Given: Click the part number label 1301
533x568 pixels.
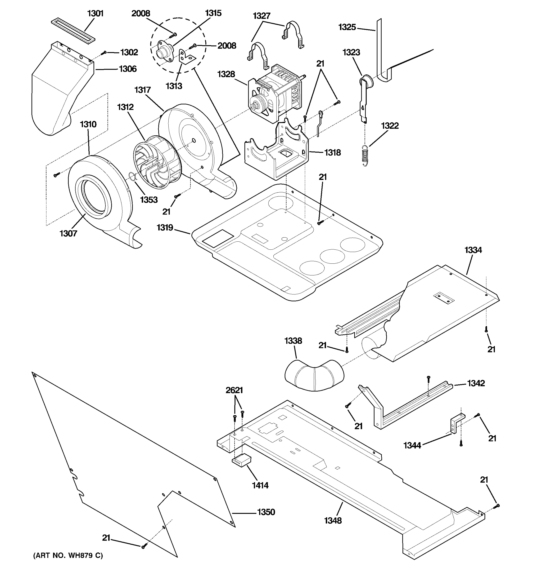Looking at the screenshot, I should (x=95, y=13).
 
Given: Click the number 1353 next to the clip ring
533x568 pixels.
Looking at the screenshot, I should (x=149, y=200).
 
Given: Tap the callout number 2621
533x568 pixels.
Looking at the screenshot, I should (x=234, y=390).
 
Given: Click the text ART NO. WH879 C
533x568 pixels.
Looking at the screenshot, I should (x=68, y=555).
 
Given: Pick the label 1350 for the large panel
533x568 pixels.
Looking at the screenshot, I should (x=266, y=512).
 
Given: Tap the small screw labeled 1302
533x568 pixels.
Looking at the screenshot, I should (x=105, y=53).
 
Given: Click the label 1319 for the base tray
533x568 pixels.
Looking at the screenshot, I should (x=165, y=228).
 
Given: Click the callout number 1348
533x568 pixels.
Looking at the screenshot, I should (x=333, y=521).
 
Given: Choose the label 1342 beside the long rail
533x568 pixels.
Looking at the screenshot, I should (x=476, y=383).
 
